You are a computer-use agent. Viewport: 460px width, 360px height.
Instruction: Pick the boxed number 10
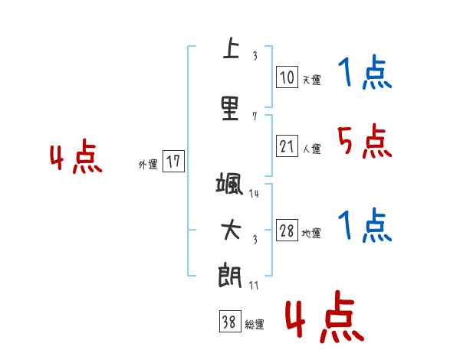click(287, 77)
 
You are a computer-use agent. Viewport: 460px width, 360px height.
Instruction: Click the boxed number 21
click(287, 146)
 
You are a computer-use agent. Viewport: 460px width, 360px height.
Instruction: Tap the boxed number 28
click(287, 231)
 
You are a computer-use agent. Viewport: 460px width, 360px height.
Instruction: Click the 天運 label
click(311, 79)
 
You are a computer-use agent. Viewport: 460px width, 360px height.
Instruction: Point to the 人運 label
click(311, 149)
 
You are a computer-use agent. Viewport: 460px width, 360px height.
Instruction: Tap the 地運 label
click(311, 233)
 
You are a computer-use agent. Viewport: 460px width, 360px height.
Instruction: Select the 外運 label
click(148, 163)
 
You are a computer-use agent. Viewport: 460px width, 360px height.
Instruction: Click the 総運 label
click(255, 325)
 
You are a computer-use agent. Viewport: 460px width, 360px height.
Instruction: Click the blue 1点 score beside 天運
click(365, 74)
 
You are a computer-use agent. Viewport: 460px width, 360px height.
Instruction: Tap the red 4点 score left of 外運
click(76, 158)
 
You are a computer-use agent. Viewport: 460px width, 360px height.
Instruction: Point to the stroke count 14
click(254, 194)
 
